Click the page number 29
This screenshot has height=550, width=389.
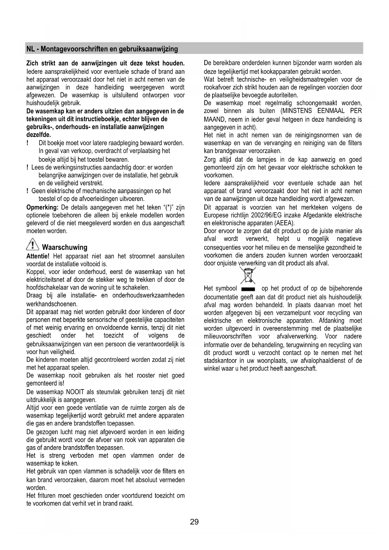click(194, 522)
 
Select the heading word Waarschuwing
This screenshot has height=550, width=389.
click(65, 247)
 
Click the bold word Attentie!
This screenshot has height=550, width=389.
click(38, 256)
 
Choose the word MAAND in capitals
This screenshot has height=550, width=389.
click(214, 119)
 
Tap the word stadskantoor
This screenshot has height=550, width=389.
click(219, 361)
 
